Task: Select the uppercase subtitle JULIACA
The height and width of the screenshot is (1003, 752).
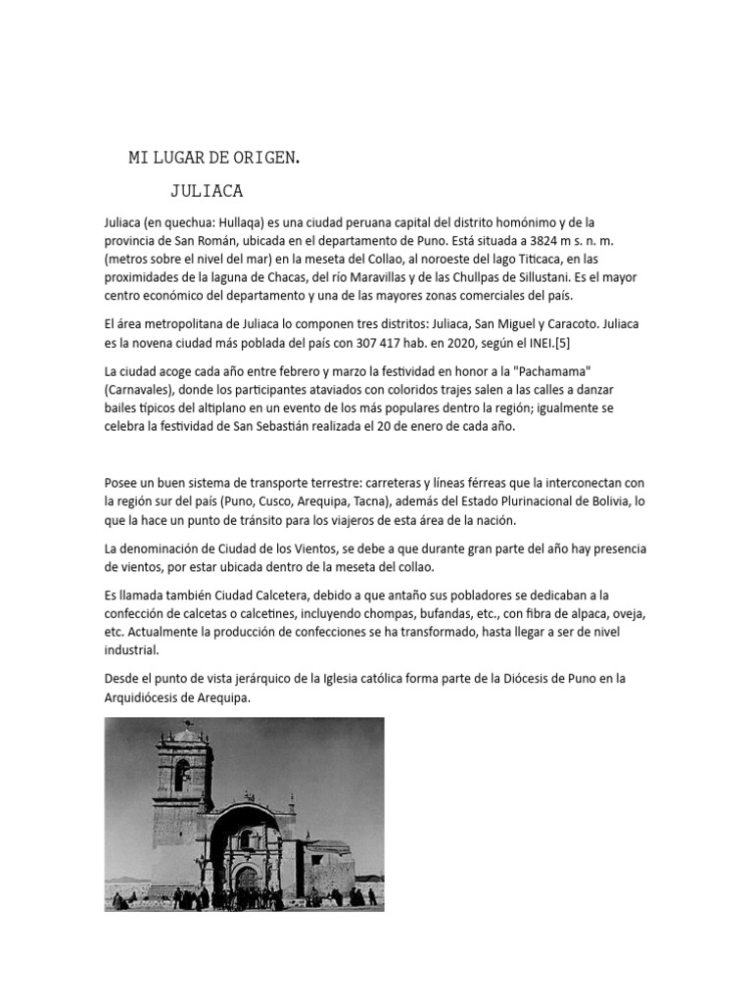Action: pos(207,190)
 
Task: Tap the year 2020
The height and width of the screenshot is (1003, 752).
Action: pos(444,342)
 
